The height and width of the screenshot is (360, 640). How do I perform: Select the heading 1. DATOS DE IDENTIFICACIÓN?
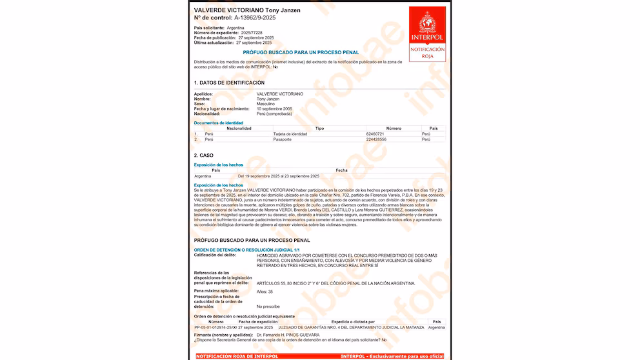[229, 83]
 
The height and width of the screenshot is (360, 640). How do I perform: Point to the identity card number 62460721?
[376, 134]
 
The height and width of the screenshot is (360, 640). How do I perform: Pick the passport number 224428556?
[376, 139]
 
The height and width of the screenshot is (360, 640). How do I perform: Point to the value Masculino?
[266, 103]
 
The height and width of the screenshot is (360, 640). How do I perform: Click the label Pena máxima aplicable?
[216, 291]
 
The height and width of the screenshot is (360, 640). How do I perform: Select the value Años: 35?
[265, 291]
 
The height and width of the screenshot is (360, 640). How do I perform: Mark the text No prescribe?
[268, 306]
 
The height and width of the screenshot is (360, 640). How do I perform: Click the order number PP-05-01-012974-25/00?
[216, 327]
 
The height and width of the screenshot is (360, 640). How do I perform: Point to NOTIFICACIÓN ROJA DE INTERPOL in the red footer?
[237, 356]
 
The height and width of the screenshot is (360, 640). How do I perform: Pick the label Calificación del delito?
[215, 255]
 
